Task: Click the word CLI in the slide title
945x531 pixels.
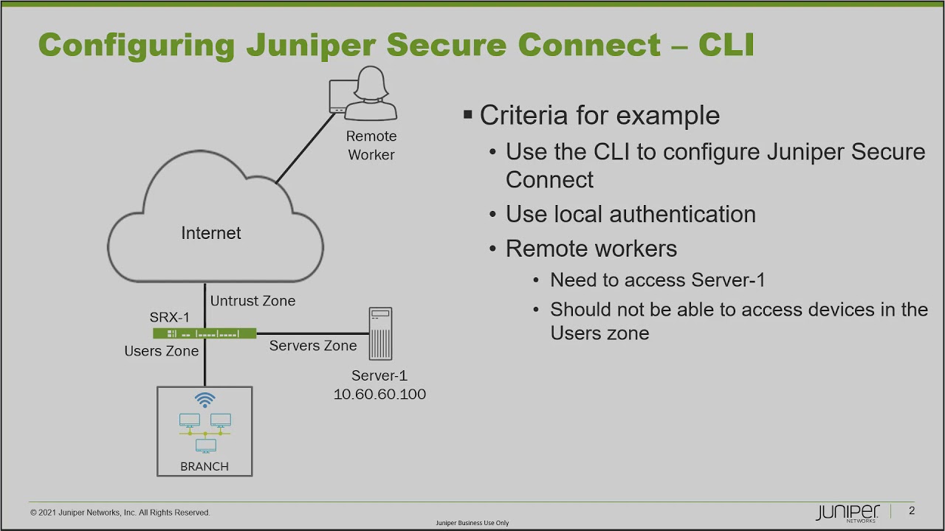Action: pyautogui.click(x=726, y=45)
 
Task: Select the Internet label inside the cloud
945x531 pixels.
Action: pyautogui.click(x=211, y=233)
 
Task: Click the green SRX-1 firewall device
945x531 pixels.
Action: pyautogui.click(x=205, y=333)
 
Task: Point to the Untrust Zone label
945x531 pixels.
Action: pyautogui.click(x=252, y=301)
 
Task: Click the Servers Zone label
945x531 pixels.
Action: pyautogui.click(x=312, y=346)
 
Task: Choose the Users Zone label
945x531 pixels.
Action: pyautogui.click(x=161, y=351)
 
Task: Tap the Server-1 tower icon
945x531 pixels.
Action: pyautogui.click(x=380, y=333)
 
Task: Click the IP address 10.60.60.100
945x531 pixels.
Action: pyautogui.click(x=379, y=395)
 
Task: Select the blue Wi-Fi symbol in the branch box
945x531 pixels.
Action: pyautogui.click(x=205, y=400)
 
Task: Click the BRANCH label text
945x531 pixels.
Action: pyautogui.click(x=205, y=466)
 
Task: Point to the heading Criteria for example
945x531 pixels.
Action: pyautogui.click(x=599, y=115)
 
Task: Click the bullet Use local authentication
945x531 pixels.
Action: pyautogui.click(x=630, y=215)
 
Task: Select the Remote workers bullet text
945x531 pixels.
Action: pyautogui.click(x=591, y=249)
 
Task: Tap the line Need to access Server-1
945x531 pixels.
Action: pyautogui.click(x=657, y=280)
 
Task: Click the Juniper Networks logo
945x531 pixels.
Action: pyautogui.click(x=848, y=513)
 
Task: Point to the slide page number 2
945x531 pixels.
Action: pyautogui.click(x=912, y=510)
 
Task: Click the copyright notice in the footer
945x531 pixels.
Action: pyautogui.click(x=120, y=513)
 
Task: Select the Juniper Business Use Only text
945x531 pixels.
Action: pyautogui.click(x=472, y=523)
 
